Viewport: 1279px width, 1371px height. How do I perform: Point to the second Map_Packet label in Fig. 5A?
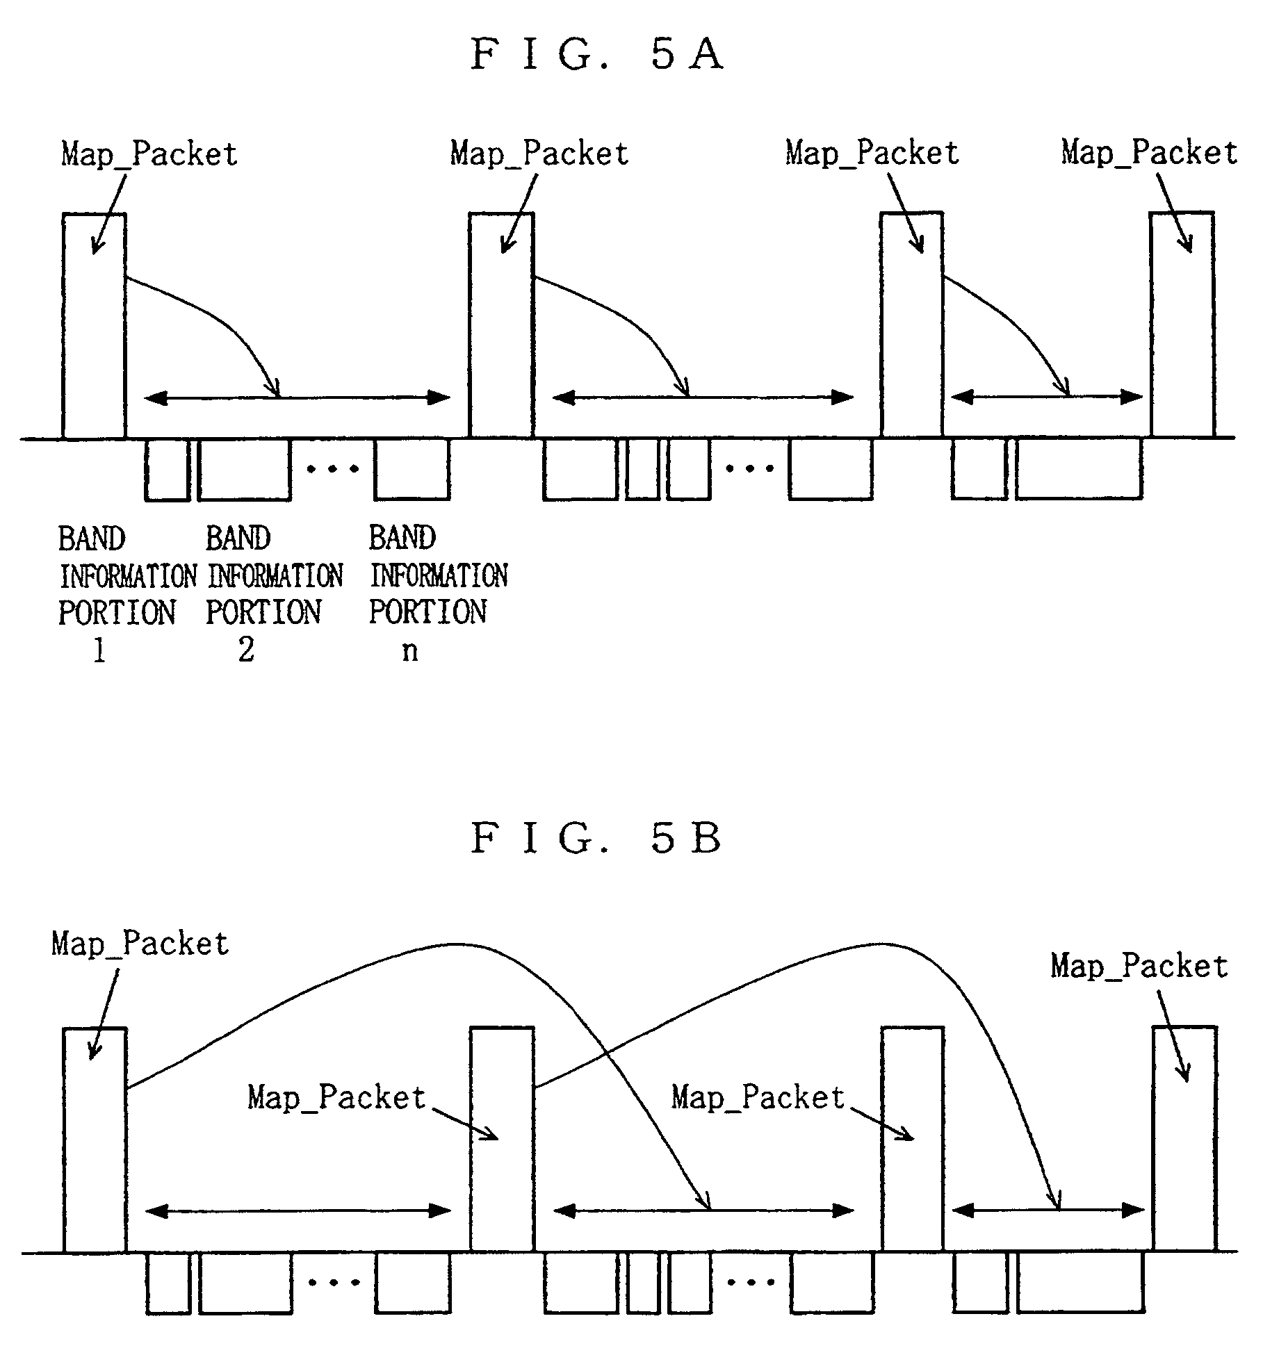539,154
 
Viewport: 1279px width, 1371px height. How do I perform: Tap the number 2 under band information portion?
246,650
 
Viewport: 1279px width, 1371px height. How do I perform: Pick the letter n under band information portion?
410,652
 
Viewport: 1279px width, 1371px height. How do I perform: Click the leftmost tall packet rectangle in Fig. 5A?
94,326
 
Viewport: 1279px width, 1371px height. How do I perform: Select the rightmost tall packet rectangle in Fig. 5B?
1184,1140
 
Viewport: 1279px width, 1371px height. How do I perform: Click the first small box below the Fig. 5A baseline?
167,469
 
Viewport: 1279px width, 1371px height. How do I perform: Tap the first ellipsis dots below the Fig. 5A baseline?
333,469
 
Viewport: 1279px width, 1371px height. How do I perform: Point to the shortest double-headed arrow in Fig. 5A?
1045,397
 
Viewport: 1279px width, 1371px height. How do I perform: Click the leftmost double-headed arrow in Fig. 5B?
298,1211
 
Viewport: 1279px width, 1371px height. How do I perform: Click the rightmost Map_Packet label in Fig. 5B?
1139,967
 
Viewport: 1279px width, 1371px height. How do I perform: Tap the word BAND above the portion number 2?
238,539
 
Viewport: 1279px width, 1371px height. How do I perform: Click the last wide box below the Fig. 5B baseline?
1080,1282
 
